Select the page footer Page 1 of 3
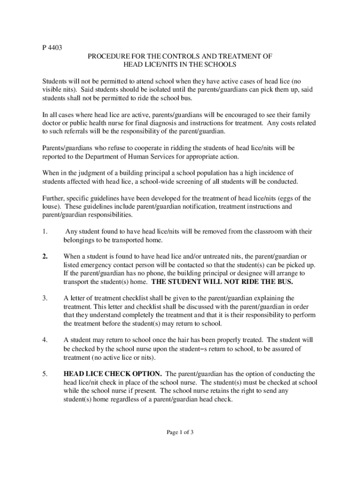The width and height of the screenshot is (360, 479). click(x=180, y=432)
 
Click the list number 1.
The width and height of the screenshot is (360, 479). click(x=44, y=232)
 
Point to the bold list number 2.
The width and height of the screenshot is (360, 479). click(x=45, y=256)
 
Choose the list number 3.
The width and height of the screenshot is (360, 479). click(x=44, y=298)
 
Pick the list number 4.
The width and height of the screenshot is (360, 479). click(x=44, y=340)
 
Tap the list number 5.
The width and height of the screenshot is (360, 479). click(x=44, y=374)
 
